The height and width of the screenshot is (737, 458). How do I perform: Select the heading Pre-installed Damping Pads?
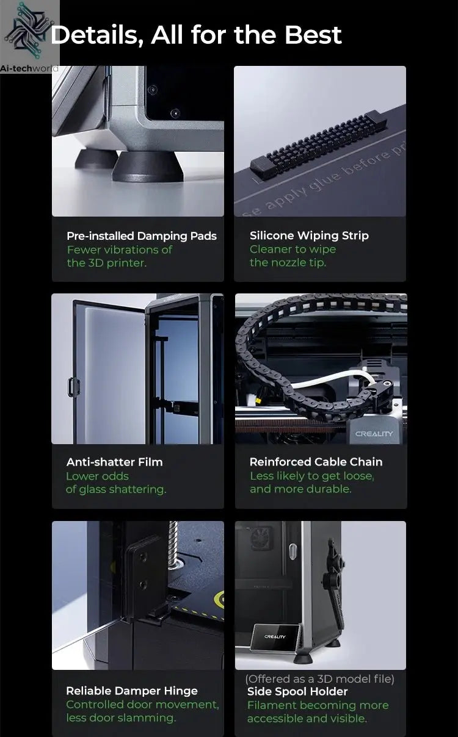point(142,236)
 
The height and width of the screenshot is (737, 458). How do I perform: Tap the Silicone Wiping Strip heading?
point(309,235)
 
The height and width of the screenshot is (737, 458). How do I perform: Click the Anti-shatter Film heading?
point(115,462)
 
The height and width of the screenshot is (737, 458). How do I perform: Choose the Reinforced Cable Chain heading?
point(316,462)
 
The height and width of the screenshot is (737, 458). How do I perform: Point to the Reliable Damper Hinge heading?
point(132,691)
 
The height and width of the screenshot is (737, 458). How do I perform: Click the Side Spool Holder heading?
point(297,691)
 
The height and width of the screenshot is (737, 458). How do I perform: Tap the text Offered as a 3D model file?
point(319,678)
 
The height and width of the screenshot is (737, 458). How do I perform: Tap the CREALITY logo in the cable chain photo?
point(374,434)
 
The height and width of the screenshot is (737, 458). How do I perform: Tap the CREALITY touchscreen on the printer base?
point(275,638)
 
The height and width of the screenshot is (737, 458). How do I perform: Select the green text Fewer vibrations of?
point(120,250)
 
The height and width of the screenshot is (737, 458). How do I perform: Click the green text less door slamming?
point(121,718)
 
